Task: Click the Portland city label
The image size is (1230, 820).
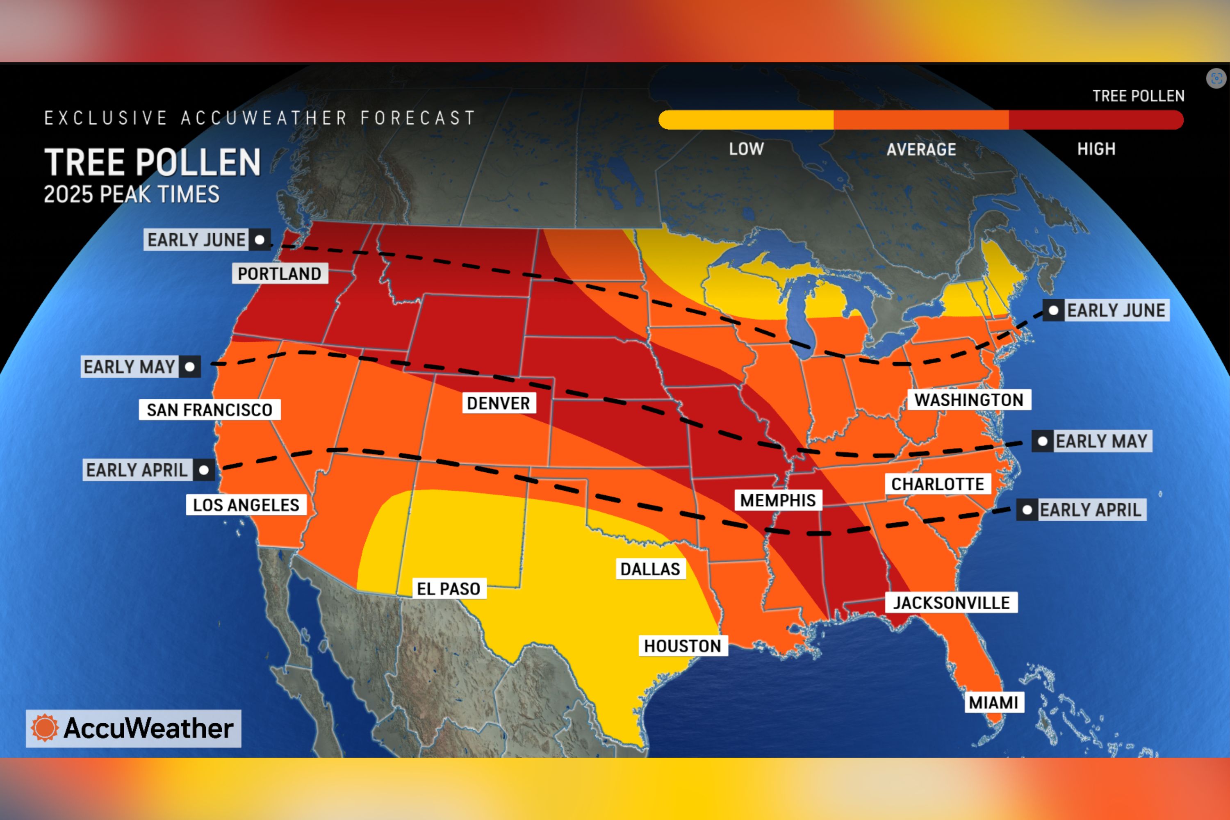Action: point(279,273)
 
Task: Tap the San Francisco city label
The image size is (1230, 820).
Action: point(209,410)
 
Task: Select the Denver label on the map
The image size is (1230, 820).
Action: point(499,403)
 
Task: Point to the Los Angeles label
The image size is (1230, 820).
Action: point(246,505)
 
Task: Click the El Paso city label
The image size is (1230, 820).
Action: point(448,589)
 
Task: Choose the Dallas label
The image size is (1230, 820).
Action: point(650,569)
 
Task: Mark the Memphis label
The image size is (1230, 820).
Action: point(778,501)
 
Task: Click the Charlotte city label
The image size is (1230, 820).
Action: point(937,484)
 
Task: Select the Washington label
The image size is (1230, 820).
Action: point(968,400)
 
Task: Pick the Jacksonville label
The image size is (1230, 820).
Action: point(951,603)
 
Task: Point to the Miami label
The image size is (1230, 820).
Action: point(993,702)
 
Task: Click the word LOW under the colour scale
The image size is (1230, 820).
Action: point(746,149)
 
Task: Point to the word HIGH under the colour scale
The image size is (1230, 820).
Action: point(1096,149)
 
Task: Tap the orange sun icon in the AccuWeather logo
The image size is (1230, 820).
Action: point(44,728)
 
